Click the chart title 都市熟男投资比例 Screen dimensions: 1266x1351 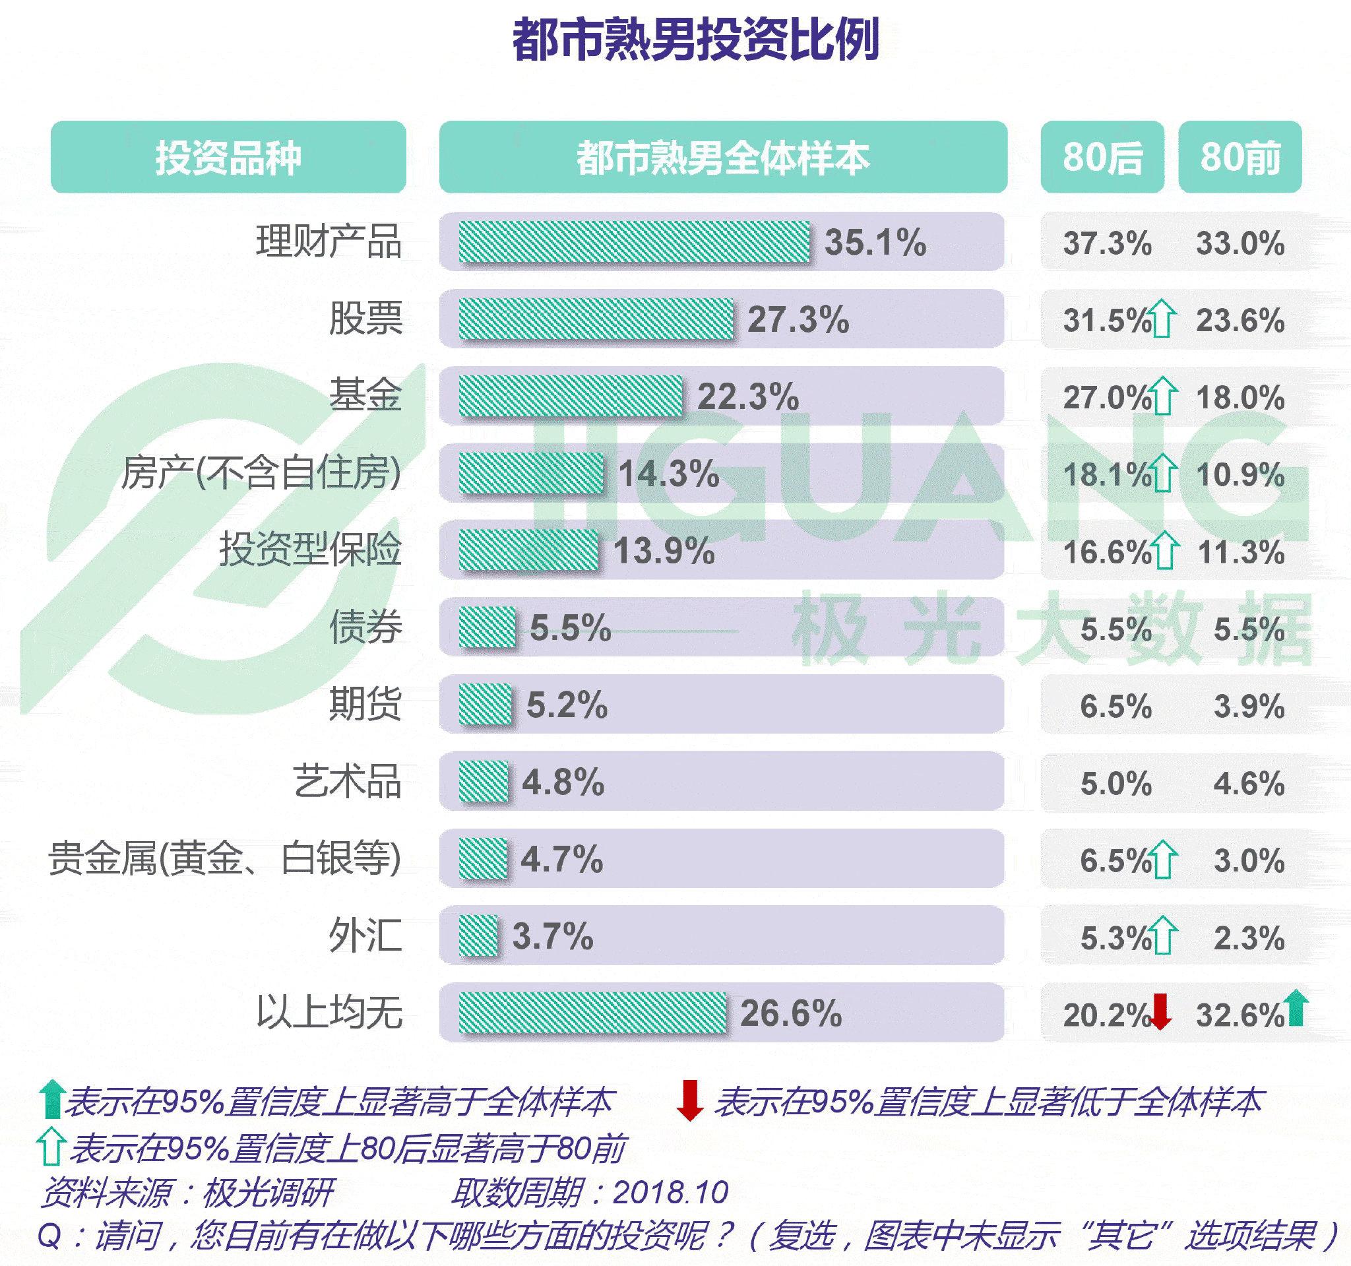click(695, 40)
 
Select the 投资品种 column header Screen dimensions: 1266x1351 click(228, 158)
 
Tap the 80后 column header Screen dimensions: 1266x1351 click(1102, 158)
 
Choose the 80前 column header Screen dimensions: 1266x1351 click(1240, 158)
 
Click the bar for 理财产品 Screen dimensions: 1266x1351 click(634, 242)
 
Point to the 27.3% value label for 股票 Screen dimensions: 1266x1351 click(798, 319)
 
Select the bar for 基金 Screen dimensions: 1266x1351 click(570, 396)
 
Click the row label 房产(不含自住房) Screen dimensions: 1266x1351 click(261, 473)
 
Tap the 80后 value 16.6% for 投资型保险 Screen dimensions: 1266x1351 click(1106, 552)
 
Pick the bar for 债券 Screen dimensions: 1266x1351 click(487, 627)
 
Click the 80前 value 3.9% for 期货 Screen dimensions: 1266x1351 click(1248, 707)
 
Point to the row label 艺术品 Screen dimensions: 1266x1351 click(347, 782)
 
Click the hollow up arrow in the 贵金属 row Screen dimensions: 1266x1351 click(1165, 860)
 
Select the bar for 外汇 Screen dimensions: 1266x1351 click(478, 935)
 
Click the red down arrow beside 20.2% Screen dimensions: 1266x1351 click(1161, 1012)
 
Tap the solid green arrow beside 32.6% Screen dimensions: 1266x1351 click(1297, 1008)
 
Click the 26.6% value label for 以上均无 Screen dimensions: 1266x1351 click(790, 1014)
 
